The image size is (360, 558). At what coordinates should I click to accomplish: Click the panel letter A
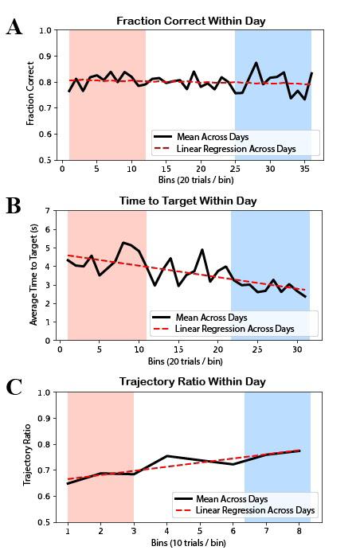(x=14, y=27)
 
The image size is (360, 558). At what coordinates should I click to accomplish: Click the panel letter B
(x=14, y=205)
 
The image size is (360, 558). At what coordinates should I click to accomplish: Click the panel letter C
(x=14, y=387)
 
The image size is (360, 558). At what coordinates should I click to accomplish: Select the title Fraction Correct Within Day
(x=191, y=21)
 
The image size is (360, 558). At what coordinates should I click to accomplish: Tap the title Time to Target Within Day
(x=188, y=201)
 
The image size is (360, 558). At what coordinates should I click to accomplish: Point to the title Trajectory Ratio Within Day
(x=192, y=381)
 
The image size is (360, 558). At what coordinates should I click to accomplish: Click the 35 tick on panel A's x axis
(x=304, y=168)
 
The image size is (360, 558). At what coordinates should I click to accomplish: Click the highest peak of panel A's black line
(x=256, y=63)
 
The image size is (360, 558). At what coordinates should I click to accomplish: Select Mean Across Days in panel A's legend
(x=213, y=137)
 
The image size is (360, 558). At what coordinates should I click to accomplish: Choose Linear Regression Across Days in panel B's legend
(x=235, y=329)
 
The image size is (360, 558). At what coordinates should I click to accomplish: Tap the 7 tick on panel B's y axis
(x=48, y=211)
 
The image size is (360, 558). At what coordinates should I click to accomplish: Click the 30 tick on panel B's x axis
(x=297, y=349)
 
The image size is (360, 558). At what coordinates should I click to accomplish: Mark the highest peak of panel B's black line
(x=123, y=243)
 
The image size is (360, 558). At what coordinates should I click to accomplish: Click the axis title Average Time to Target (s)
(x=33, y=275)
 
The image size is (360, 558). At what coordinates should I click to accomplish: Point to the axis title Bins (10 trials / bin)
(x=189, y=543)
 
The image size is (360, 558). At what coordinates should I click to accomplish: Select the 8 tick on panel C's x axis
(x=299, y=531)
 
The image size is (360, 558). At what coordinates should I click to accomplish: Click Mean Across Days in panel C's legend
(x=232, y=499)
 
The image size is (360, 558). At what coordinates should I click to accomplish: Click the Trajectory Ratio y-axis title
(x=27, y=455)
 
